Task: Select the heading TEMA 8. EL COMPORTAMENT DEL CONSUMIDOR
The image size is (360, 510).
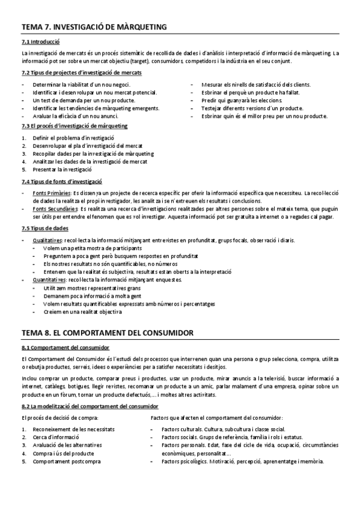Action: pos(106,332)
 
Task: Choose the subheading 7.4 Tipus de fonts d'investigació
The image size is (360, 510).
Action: pos(61,181)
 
